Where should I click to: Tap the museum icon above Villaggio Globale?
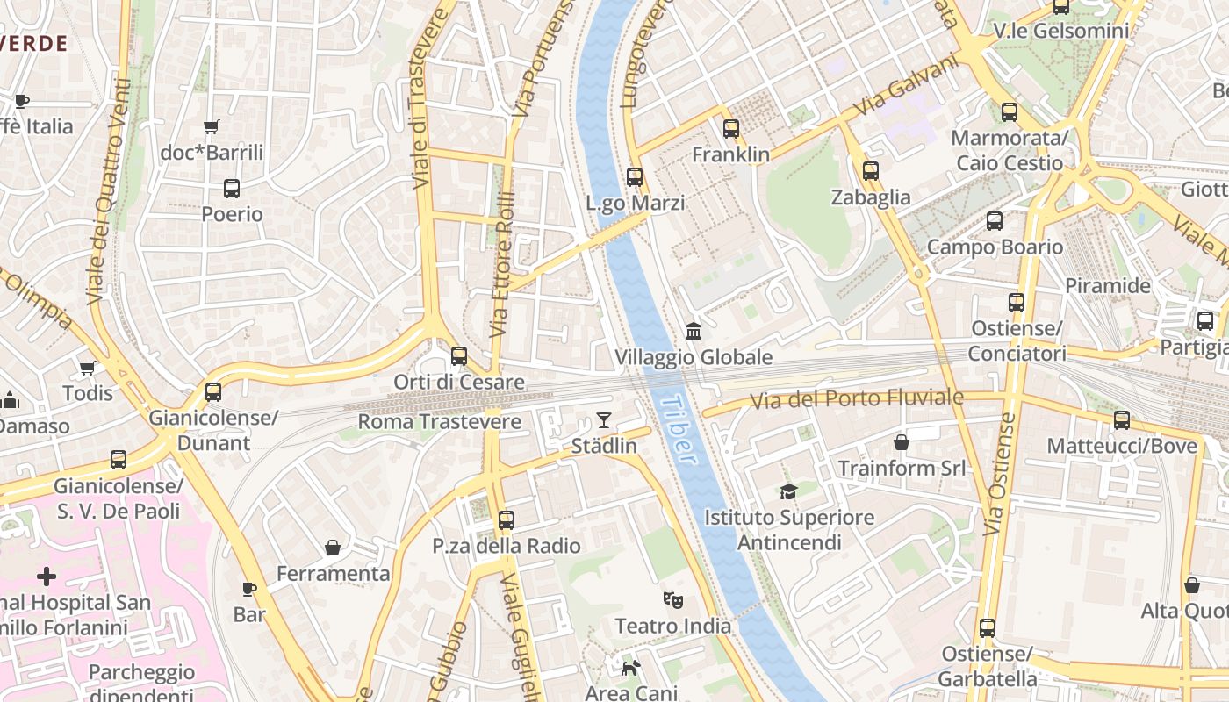coord(694,331)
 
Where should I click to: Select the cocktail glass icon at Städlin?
coord(604,419)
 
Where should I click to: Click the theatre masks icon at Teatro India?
coord(673,600)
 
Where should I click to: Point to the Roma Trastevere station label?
coord(440,422)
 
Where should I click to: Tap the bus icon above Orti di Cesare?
coord(458,355)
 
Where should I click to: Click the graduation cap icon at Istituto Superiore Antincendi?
coord(788,491)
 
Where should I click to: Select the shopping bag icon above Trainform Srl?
coord(901,441)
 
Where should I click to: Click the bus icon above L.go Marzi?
coord(635,176)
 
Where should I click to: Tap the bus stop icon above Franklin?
coord(730,129)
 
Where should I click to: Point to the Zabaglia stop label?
coord(871,197)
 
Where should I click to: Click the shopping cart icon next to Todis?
coord(87,368)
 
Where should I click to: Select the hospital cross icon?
coord(47,577)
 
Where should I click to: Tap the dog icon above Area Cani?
coord(630,669)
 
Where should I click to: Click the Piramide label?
coord(1107,286)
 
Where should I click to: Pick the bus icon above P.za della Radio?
coord(506,519)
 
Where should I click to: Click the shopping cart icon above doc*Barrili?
coord(211,126)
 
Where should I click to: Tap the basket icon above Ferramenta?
coord(333,548)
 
